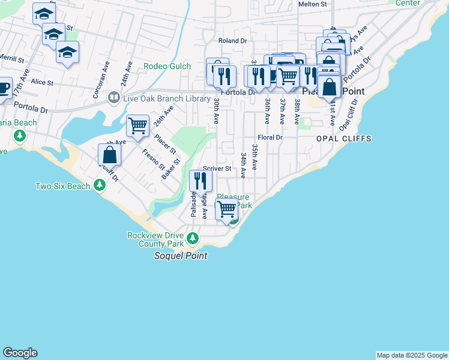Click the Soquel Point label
[181, 256]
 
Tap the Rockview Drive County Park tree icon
[192, 239]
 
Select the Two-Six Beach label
[62, 187]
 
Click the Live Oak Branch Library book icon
[113, 97]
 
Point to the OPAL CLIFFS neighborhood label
[344, 139]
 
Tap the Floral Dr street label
[270, 137]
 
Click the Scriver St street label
[217, 169]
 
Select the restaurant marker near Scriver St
[200, 181]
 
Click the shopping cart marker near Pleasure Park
[226, 209]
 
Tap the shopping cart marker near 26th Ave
[138, 126]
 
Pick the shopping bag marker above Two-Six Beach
[110, 155]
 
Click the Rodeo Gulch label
[167, 67]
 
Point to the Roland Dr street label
[233, 41]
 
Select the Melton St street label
[312, 4]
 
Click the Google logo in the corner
[20, 353]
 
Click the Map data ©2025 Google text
[412, 355]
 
